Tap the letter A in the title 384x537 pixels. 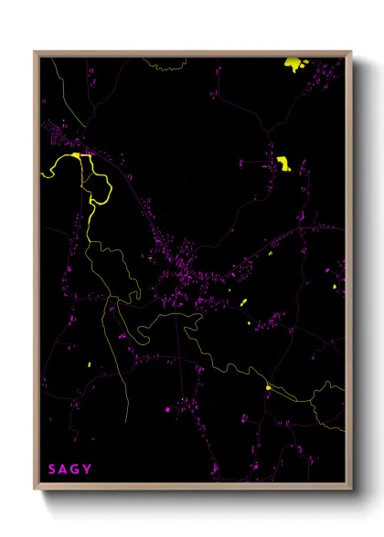pyautogui.click(x=64, y=469)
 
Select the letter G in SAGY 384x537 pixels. pyautogui.click(x=76, y=469)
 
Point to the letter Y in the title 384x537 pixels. pyautogui.click(x=88, y=469)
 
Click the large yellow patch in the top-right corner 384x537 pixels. pyautogui.click(x=294, y=63)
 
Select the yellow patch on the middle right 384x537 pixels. pyautogui.click(x=283, y=163)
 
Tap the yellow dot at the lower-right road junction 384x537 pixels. pyautogui.click(x=268, y=387)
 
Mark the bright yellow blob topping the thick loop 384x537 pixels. pyautogui.click(x=81, y=155)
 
